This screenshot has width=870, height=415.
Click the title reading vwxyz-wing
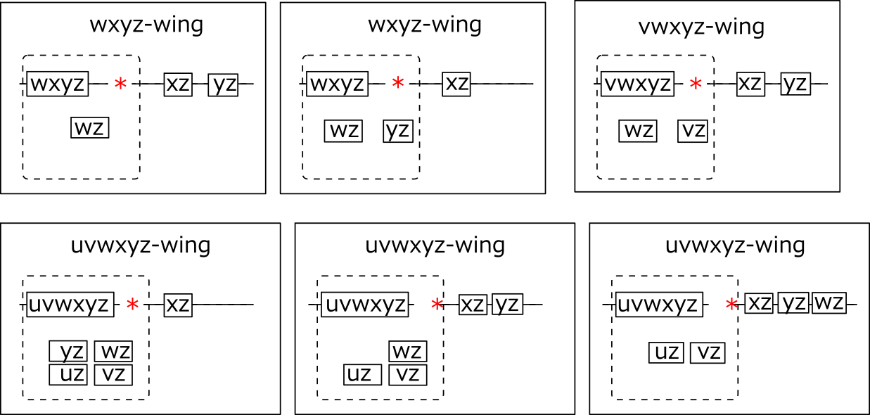coord(701,27)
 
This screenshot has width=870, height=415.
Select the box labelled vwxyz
coord(637,84)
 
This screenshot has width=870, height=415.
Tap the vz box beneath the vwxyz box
coord(692,131)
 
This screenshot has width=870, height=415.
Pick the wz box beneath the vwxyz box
coord(638,131)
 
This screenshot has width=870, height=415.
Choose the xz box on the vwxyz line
coord(750,84)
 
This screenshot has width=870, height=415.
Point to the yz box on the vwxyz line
coord(795,84)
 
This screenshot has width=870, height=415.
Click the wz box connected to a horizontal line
coord(829,304)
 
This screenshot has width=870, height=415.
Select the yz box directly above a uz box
coord(68,351)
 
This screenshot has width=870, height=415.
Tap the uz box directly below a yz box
coord(68,375)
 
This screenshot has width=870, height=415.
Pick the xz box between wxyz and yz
coord(178,84)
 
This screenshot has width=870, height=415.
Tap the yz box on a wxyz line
coord(224,84)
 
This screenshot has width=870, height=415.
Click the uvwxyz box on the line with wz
coord(659,305)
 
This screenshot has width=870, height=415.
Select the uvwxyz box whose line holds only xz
coord(69,305)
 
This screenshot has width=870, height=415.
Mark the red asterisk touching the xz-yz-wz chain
coord(732,305)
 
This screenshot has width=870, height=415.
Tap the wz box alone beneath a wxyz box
coord(90,128)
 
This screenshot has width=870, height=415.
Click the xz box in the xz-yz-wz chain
coord(759,304)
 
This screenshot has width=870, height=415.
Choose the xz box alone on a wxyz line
coord(456,84)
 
